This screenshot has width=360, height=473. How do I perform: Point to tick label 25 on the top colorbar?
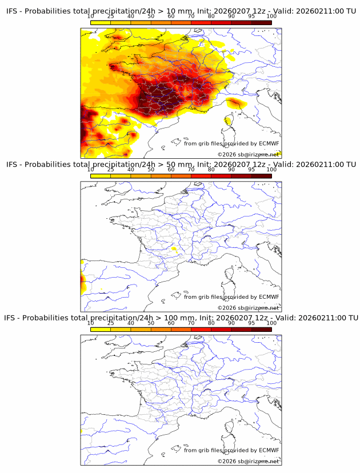pyautogui.click(x=111, y=17)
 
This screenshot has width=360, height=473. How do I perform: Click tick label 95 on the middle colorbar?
pyautogui.click(x=251, y=170)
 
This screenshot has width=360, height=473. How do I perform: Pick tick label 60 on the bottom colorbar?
pyautogui.click(x=171, y=323)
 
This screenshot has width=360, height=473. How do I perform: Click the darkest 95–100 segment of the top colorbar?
pyautogui.click(x=261, y=22)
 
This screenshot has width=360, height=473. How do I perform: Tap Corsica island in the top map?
pyautogui.click(x=229, y=121)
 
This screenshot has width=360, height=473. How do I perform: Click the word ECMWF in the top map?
pyautogui.click(x=269, y=143)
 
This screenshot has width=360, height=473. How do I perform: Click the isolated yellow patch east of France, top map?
pyautogui.click(x=234, y=103)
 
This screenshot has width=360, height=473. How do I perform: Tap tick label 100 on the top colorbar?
pyautogui.click(x=271, y=17)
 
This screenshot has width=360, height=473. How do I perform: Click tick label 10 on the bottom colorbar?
pyautogui.click(x=90, y=323)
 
